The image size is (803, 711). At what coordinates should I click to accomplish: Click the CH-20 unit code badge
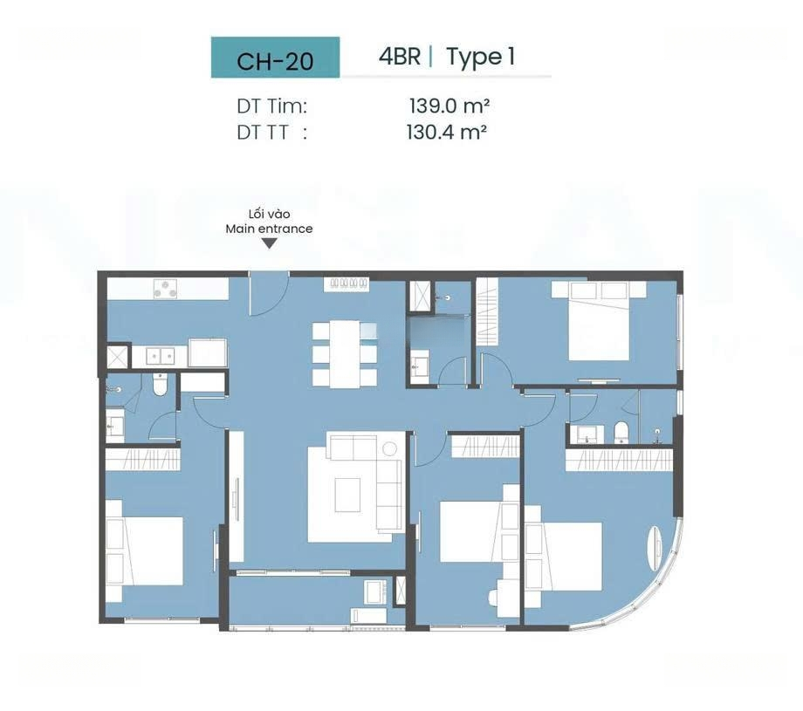(x=275, y=58)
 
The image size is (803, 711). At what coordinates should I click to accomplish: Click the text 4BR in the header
(x=400, y=57)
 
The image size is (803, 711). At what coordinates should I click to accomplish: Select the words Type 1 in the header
(x=480, y=58)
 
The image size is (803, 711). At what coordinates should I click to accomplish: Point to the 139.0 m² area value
(x=450, y=106)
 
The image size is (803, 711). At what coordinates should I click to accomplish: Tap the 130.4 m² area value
(x=447, y=133)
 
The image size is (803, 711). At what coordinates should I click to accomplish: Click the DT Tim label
(x=271, y=106)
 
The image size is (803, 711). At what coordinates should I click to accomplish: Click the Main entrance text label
(x=269, y=229)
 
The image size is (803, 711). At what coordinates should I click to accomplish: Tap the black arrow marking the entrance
(x=269, y=243)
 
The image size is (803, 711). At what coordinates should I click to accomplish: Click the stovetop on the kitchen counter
(x=166, y=290)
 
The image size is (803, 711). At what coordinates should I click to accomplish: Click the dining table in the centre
(x=344, y=353)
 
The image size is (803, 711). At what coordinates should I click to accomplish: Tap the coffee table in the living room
(x=347, y=495)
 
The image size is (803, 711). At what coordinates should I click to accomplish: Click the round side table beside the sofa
(x=390, y=449)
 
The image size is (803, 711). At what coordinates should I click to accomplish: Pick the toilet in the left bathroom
(x=161, y=385)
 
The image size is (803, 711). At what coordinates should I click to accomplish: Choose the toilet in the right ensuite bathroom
(x=621, y=433)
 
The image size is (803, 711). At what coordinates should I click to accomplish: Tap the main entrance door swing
(x=269, y=293)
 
